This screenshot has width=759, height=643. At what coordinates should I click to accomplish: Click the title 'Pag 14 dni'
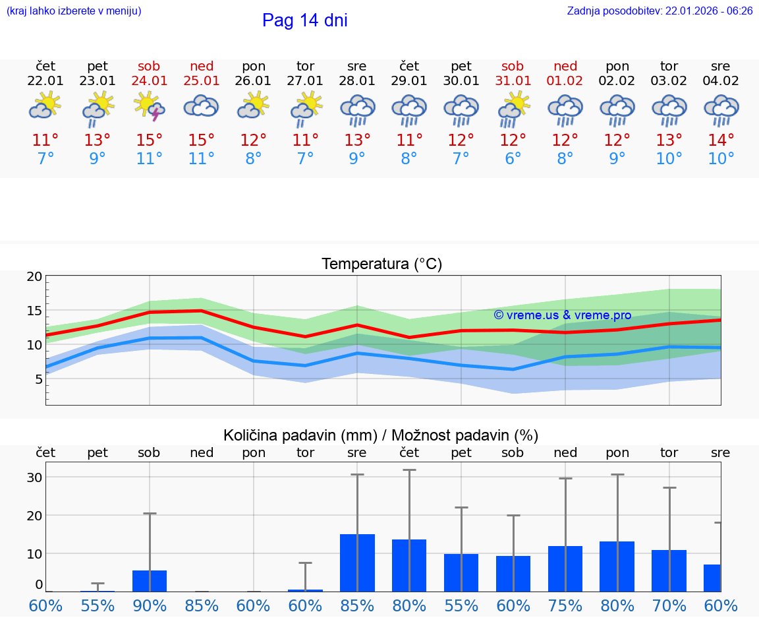click(x=304, y=20)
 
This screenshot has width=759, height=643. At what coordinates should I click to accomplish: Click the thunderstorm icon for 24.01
click(x=150, y=106)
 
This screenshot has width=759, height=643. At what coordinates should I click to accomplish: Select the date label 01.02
click(x=565, y=81)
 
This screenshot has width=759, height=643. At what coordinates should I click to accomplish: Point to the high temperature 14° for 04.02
click(x=721, y=140)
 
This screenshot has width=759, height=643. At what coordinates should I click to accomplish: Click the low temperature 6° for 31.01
click(x=513, y=159)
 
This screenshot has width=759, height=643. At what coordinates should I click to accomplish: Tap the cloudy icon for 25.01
click(x=201, y=106)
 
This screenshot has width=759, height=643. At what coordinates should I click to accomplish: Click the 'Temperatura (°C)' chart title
click(x=381, y=264)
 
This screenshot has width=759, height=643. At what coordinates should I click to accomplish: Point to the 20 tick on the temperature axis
click(x=34, y=277)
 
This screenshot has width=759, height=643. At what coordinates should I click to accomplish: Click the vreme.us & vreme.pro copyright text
click(x=562, y=315)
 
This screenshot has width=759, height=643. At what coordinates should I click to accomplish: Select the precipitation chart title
click(x=381, y=435)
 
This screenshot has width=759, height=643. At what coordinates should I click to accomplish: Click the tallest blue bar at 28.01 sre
click(x=357, y=563)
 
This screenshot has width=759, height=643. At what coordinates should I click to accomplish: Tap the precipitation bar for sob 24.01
click(x=150, y=581)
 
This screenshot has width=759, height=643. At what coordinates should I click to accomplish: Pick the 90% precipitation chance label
click(x=150, y=606)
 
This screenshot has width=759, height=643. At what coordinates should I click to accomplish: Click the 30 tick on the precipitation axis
click(x=34, y=477)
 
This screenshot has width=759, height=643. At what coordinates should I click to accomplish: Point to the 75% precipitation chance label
click(x=565, y=606)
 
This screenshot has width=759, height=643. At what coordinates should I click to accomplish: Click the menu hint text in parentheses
click(x=74, y=11)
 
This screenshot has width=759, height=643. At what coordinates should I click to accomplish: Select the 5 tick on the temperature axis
click(x=38, y=379)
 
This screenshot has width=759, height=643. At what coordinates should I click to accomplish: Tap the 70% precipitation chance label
click(x=669, y=606)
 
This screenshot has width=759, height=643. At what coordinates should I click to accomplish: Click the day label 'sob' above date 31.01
click(x=513, y=66)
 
